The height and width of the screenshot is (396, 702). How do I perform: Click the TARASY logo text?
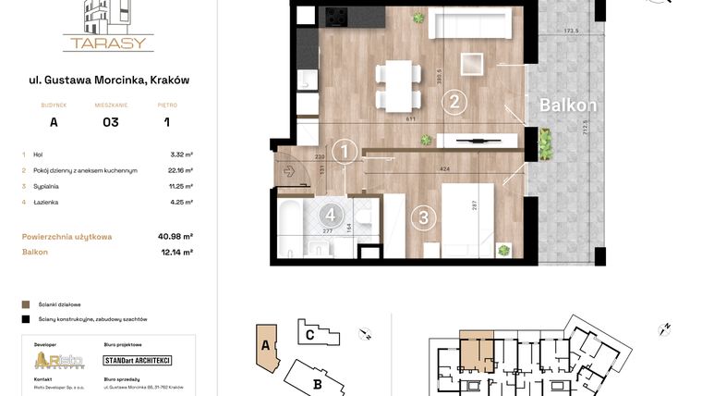tap(108, 43)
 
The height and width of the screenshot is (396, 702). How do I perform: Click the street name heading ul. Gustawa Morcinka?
tap(109, 80)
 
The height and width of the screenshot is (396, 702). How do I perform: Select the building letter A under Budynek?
tap(54, 122)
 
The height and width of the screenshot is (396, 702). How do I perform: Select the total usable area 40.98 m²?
tap(175, 237)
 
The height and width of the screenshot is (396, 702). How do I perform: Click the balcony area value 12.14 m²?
tap(175, 252)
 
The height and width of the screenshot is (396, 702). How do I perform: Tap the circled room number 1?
tap(344, 151)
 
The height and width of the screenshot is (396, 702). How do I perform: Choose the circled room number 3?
tap(423, 218)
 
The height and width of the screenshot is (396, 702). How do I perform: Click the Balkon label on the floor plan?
tap(568, 105)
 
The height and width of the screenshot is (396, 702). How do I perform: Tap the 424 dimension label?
tap(446, 170)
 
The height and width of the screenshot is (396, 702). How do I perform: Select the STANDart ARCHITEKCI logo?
tap(138, 360)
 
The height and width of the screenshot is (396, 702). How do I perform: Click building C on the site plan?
tap(309, 334)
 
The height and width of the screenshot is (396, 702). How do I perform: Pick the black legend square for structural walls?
tap(25, 318)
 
